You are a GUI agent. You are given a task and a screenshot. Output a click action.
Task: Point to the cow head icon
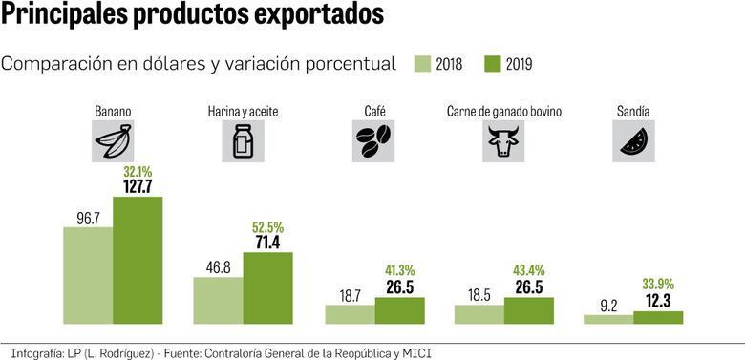[x=503, y=143]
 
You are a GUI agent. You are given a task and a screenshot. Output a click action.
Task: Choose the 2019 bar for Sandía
[x=659, y=317]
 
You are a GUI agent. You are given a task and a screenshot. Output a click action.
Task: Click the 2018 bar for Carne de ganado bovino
[x=479, y=314]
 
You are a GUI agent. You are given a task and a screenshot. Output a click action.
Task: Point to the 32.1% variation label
[x=138, y=171]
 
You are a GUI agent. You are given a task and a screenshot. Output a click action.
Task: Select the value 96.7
[x=89, y=219]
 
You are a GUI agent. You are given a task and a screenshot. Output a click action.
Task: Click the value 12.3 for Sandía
[x=659, y=301]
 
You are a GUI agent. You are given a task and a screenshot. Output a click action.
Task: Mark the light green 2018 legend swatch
[x=423, y=64]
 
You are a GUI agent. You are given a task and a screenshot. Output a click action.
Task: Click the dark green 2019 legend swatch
[x=494, y=64]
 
